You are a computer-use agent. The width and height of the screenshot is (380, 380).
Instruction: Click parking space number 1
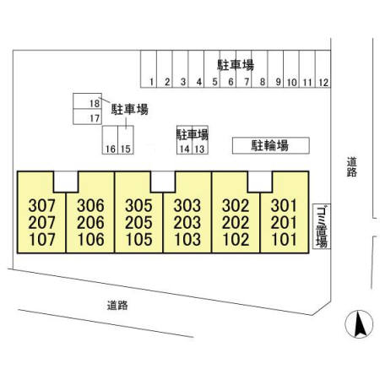click(x=149, y=69)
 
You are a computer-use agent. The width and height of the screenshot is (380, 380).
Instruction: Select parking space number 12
click(x=323, y=69)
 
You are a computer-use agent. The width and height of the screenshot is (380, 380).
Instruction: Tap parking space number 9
click(x=275, y=69)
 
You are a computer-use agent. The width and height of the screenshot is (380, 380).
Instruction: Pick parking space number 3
click(x=180, y=69)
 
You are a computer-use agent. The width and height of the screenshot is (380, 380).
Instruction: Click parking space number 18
click(x=87, y=100)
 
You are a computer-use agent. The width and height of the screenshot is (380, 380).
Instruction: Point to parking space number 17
click(x=87, y=117)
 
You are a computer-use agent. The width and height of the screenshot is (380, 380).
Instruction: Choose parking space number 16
click(x=110, y=140)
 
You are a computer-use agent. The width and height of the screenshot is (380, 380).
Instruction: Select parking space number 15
click(x=126, y=140)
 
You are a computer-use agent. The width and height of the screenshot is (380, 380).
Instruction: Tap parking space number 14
click(x=185, y=140)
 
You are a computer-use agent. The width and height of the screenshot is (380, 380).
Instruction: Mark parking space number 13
click(x=200, y=140)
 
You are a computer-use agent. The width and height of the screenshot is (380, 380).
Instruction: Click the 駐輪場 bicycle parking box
click(x=271, y=145)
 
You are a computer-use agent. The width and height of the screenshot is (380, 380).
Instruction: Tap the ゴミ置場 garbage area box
click(x=322, y=226)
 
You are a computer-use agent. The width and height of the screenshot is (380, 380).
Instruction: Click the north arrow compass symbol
click(x=359, y=324)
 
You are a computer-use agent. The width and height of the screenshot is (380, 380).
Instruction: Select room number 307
click(x=41, y=205)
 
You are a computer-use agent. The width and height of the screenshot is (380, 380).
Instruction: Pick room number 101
click(x=284, y=240)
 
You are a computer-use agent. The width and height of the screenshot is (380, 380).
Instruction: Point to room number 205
click(x=138, y=223)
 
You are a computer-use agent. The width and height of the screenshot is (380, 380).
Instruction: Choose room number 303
click(x=187, y=205)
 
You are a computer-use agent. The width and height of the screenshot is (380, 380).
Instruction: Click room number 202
click(x=236, y=223)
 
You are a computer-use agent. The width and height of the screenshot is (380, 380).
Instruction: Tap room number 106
click(x=91, y=240)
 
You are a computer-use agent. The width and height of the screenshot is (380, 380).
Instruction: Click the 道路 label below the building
click(x=117, y=305)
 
